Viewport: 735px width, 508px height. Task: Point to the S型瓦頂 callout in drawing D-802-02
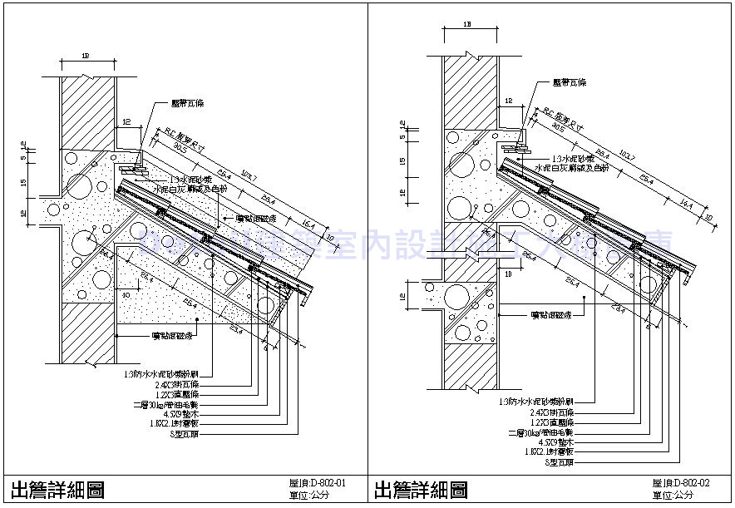(x=560, y=461)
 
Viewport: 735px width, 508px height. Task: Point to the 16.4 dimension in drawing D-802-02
(x=686, y=202)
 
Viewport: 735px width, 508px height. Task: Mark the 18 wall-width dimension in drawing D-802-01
(x=86, y=57)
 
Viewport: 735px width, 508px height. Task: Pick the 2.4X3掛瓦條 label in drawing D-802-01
(x=177, y=384)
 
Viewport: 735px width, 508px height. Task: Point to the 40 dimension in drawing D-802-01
(x=125, y=294)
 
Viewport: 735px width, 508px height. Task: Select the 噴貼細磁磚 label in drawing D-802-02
(x=555, y=315)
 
